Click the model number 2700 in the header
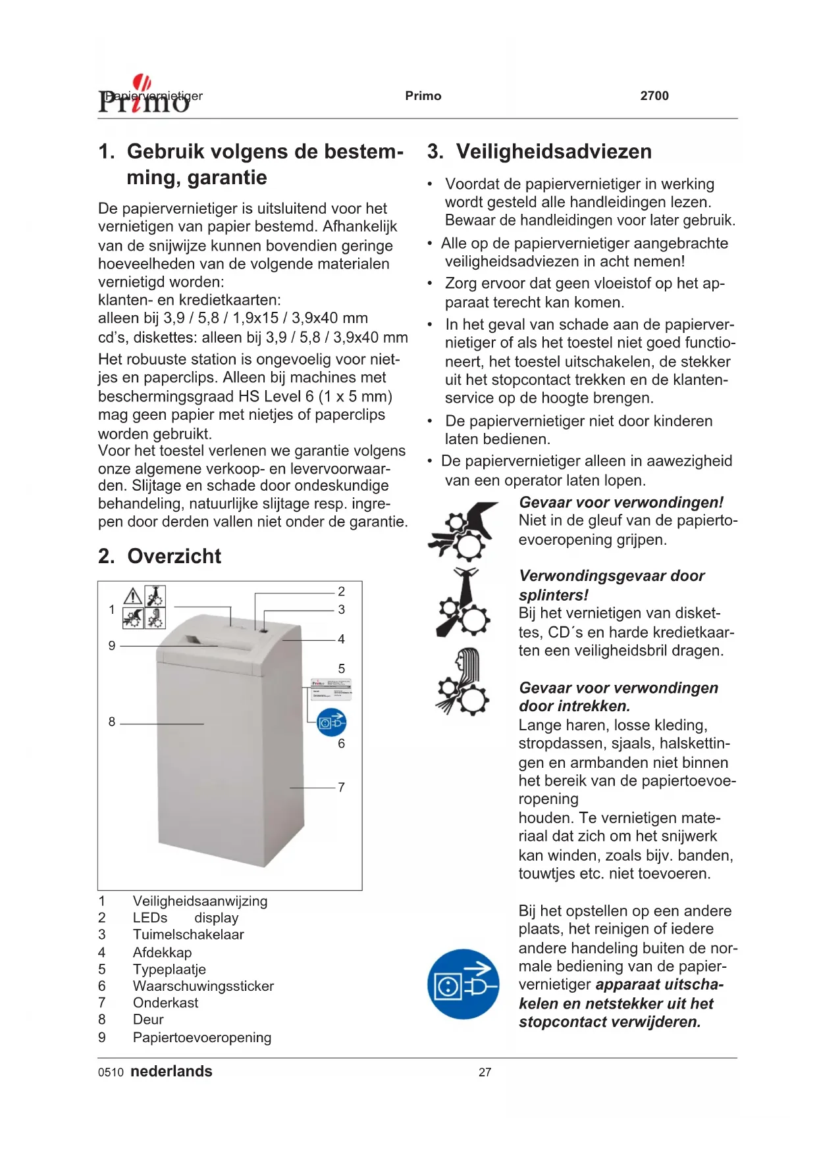coord(654,96)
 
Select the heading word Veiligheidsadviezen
coord(554,152)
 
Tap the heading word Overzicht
coord(174,557)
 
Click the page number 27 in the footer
coord(485,1072)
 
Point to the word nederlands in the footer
coord(171,1072)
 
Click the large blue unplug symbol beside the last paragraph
coord(463,984)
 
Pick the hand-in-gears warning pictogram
coord(462,531)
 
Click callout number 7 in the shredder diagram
coord(341,788)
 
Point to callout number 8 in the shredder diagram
coord(112,722)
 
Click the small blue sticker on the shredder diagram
coord(331,722)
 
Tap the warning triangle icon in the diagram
coord(134,596)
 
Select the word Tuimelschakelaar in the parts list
coord(188,935)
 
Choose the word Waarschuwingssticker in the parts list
coord(203,986)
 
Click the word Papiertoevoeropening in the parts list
coord(202,1038)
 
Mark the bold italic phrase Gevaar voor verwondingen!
coord(621,503)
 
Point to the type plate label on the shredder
coord(331,688)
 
